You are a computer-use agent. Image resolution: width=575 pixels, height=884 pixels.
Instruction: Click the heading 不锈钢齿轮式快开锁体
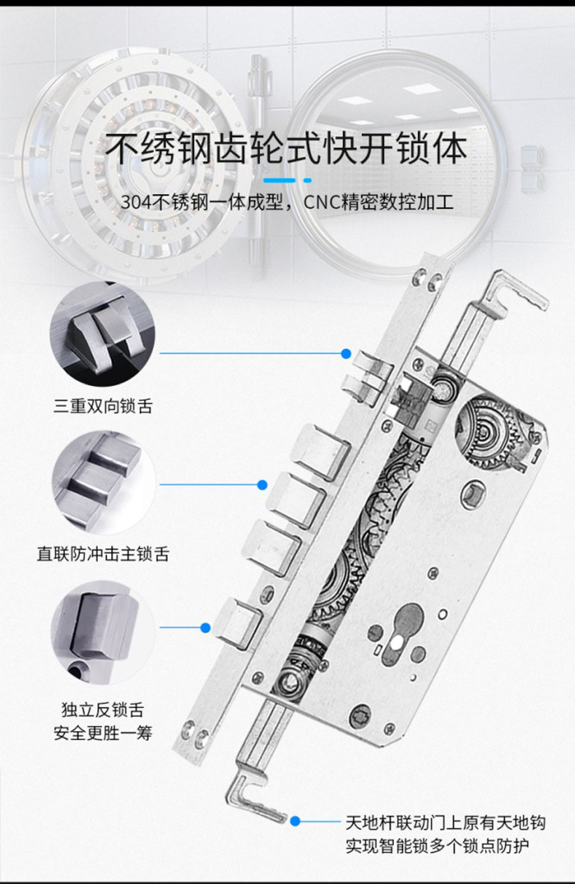pyautogui.click(x=286, y=148)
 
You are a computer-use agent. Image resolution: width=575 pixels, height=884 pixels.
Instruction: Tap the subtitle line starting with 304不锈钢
pyautogui.click(x=287, y=202)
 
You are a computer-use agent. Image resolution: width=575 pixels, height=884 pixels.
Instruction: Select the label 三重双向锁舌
pyautogui.click(x=103, y=406)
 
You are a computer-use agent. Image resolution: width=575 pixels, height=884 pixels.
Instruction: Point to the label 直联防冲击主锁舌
pyautogui.click(x=103, y=553)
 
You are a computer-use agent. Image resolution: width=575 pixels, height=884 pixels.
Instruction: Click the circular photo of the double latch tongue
pyautogui.click(x=103, y=334)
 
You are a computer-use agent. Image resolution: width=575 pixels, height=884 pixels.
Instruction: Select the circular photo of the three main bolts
pyautogui.click(x=104, y=483)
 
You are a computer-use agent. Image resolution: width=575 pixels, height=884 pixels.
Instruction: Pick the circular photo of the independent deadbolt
pyautogui.click(x=103, y=633)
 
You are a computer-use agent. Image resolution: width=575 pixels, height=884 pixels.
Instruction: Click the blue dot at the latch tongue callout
pyautogui.click(x=346, y=353)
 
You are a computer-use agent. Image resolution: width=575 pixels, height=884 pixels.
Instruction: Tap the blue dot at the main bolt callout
pyautogui.click(x=262, y=485)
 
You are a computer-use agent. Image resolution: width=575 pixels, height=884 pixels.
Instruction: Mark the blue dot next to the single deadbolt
pyautogui.click(x=205, y=627)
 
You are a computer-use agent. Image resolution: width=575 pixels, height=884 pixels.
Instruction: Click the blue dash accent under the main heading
pyautogui.click(x=287, y=180)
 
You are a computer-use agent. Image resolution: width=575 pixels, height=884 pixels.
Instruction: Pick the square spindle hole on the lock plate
pyautogui.click(x=472, y=493)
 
